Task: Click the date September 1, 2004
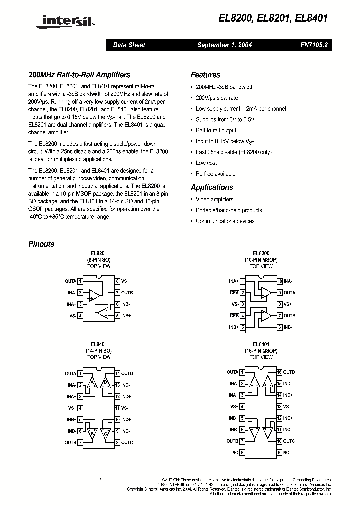[x=224, y=45]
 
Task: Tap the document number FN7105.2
[x=314, y=45]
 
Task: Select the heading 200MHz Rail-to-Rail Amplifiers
[x=79, y=75]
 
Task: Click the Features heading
[x=205, y=75]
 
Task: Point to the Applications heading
[x=212, y=187]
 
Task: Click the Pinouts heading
[x=41, y=244]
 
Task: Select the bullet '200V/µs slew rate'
[x=217, y=98]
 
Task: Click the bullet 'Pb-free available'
[x=215, y=174]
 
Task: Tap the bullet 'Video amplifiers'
[x=215, y=199]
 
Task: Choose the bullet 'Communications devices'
[x=225, y=221]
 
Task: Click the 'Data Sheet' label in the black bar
[x=129, y=45]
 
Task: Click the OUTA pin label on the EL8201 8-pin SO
[x=70, y=281]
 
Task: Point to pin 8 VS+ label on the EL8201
[x=125, y=281]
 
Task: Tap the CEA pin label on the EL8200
[x=234, y=293]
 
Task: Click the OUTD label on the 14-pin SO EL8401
[x=127, y=374]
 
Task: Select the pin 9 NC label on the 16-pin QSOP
[x=286, y=453]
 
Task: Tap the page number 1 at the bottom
[x=100, y=481]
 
